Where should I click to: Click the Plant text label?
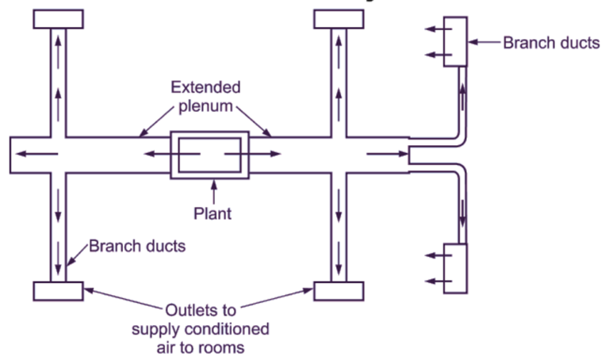pos(212,213)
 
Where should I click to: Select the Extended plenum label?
pos(205,97)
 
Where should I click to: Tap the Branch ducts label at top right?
pos(551,43)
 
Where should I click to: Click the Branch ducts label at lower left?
pos(137,246)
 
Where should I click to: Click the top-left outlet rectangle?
pos(58,18)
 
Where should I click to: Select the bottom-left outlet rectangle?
pos(58,290)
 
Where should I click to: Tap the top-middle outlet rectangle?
pos(339,18)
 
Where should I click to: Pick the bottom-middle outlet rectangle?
pos(339,290)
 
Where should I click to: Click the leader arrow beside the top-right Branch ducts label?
pos(484,43)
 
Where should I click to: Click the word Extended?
pos(205,87)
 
